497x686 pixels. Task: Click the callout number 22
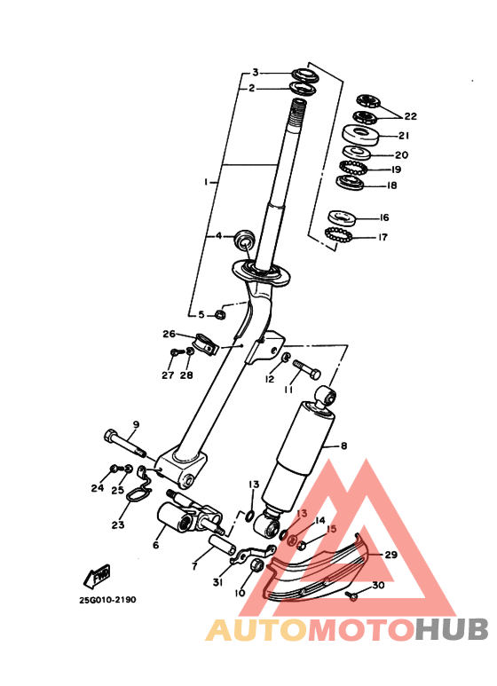[410, 116]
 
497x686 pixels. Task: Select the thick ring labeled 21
[363, 136]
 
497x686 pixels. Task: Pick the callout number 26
[169, 335]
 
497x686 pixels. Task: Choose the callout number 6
[155, 545]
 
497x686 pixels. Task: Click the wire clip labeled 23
[133, 493]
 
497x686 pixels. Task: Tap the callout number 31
[217, 581]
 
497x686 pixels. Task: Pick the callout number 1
[206, 181]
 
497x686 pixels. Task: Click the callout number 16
[383, 217]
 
